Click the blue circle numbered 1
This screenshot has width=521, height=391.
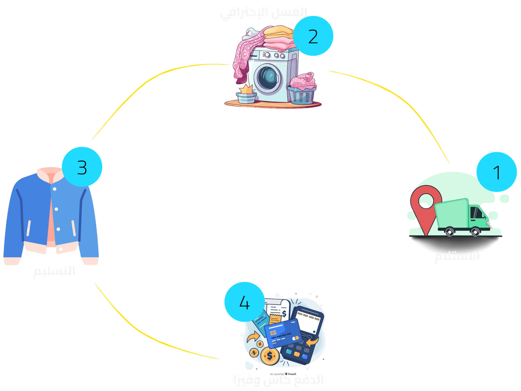(497, 172)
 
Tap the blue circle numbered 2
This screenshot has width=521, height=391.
(313, 36)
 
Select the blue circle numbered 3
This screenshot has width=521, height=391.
(82, 167)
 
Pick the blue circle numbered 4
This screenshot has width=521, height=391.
(244, 302)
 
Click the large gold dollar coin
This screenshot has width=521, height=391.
(270, 356)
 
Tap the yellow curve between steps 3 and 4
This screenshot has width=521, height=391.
(143, 332)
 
